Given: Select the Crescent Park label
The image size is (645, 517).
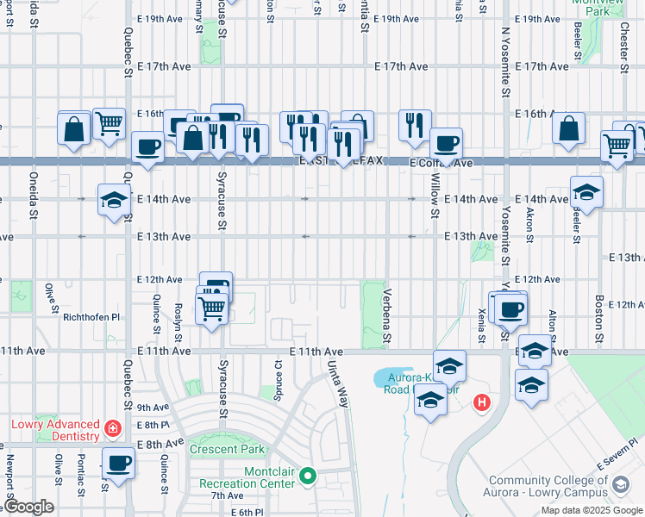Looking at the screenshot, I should click(x=228, y=450).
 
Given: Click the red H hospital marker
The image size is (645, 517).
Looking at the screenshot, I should click(x=482, y=402).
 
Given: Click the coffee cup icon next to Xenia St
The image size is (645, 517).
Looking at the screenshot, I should click(x=510, y=308).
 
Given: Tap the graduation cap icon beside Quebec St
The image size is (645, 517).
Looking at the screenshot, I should click(x=114, y=201).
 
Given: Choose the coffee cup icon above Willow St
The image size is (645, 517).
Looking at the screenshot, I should click(x=446, y=143).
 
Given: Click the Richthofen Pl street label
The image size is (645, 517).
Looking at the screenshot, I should click(x=92, y=317).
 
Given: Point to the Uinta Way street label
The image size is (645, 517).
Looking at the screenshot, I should click(x=338, y=384).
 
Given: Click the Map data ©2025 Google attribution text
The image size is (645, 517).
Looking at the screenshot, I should click(x=591, y=510).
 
